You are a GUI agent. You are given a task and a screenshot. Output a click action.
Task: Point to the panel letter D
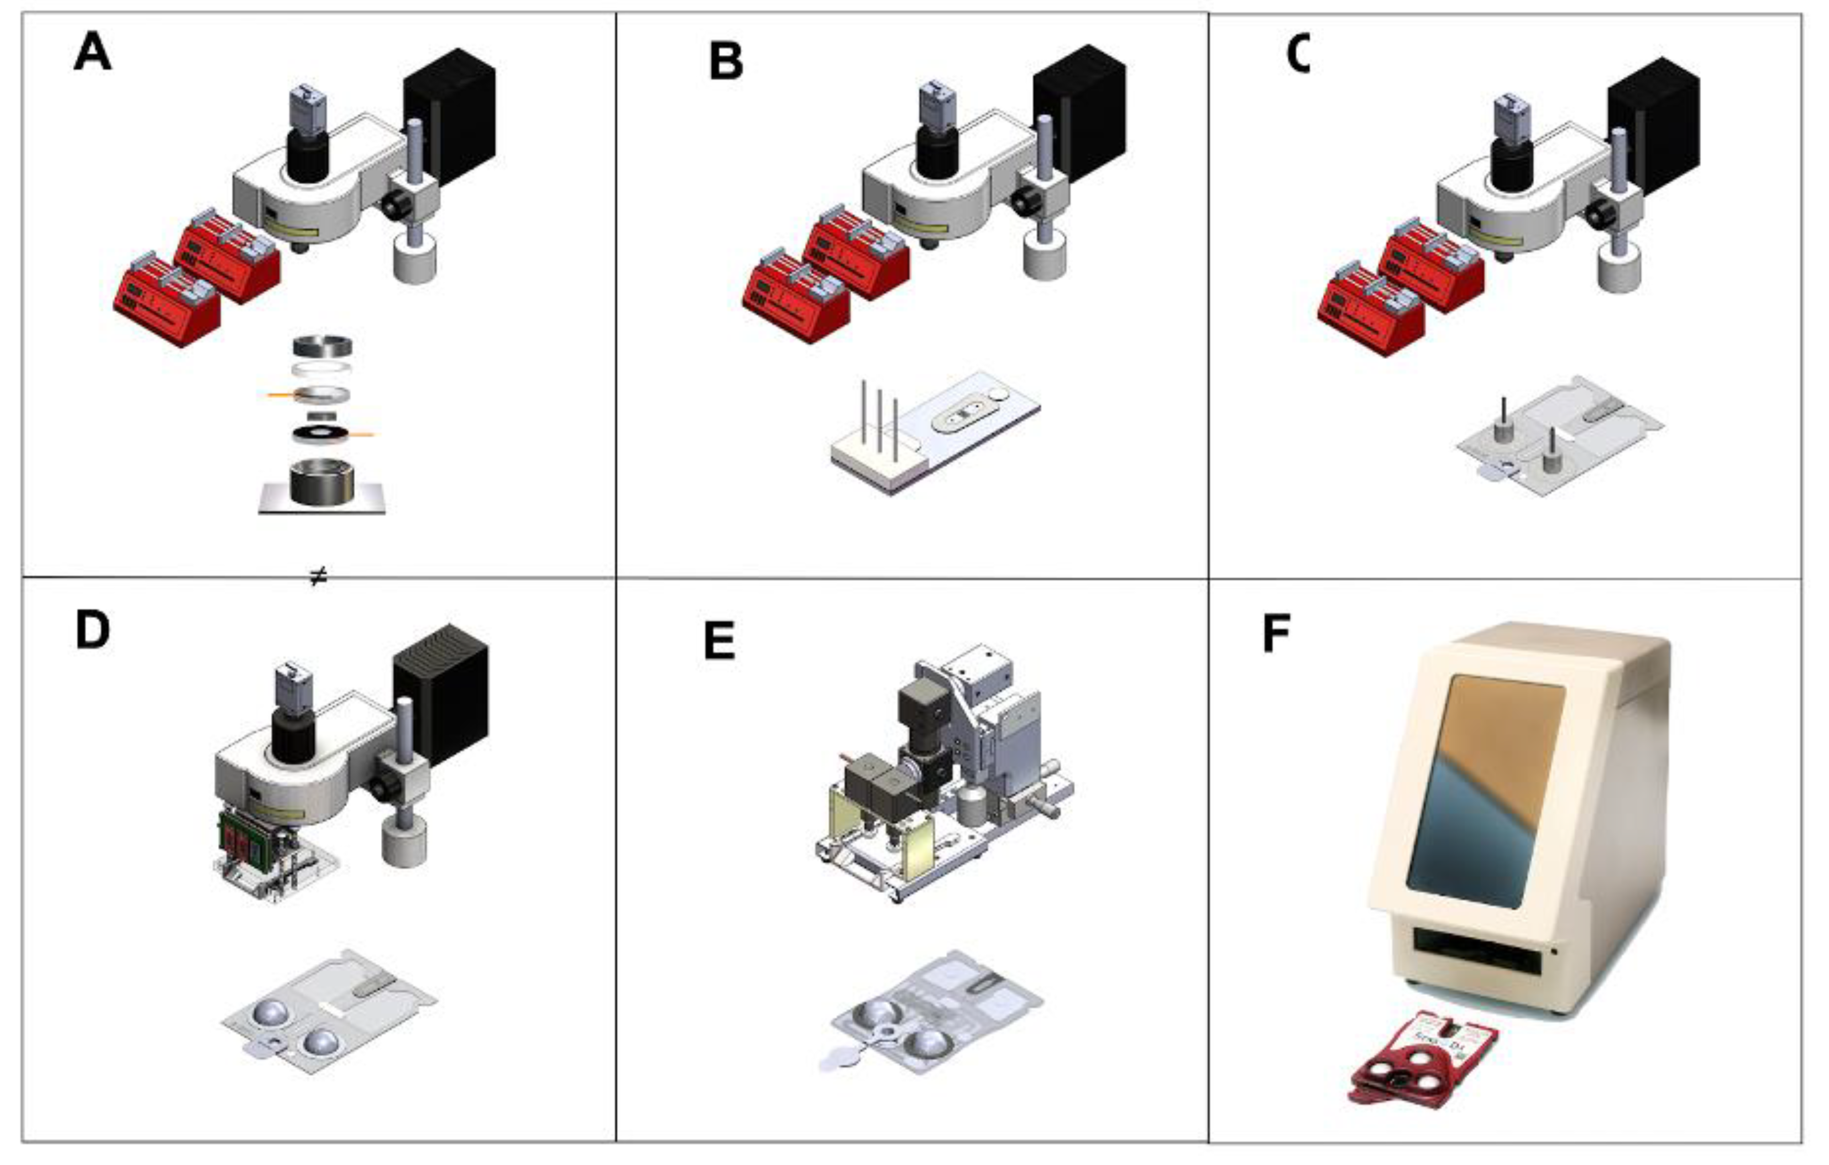[92, 631]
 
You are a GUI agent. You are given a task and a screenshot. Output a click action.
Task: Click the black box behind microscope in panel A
[450, 114]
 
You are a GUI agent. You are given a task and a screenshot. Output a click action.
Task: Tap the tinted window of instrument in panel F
[1485, 790]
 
